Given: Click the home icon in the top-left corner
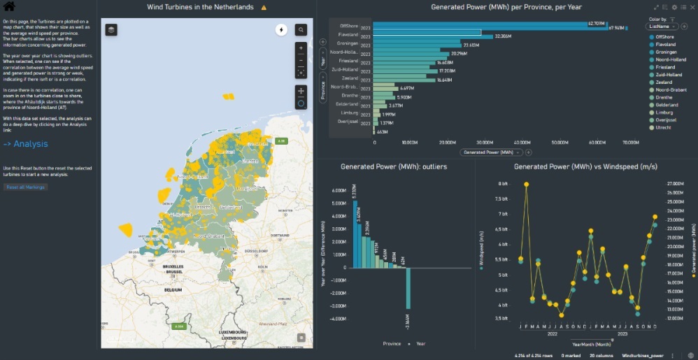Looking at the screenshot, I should coord(10,7).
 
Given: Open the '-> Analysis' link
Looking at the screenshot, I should coord(25,144).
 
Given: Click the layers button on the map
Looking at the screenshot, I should coord(111,29).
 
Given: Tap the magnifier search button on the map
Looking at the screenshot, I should coord(301,30).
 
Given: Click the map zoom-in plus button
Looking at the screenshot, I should coord(301,48).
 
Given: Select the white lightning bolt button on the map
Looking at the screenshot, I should coord(281,30).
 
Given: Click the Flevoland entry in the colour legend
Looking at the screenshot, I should coord(662,44).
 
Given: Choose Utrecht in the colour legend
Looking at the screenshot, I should coord(659,128).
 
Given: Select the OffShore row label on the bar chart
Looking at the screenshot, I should coord(348,24).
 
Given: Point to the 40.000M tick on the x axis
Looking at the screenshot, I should coord(522,143).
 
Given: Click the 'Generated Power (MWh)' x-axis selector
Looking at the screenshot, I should coord(492,152).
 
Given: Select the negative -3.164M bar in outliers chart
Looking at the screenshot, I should coord(408,288).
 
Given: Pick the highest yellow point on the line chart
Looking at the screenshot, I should coord(526,185).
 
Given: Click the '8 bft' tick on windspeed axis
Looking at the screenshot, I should coord(502,184).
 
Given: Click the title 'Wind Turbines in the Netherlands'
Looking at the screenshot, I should coord(200,7).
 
